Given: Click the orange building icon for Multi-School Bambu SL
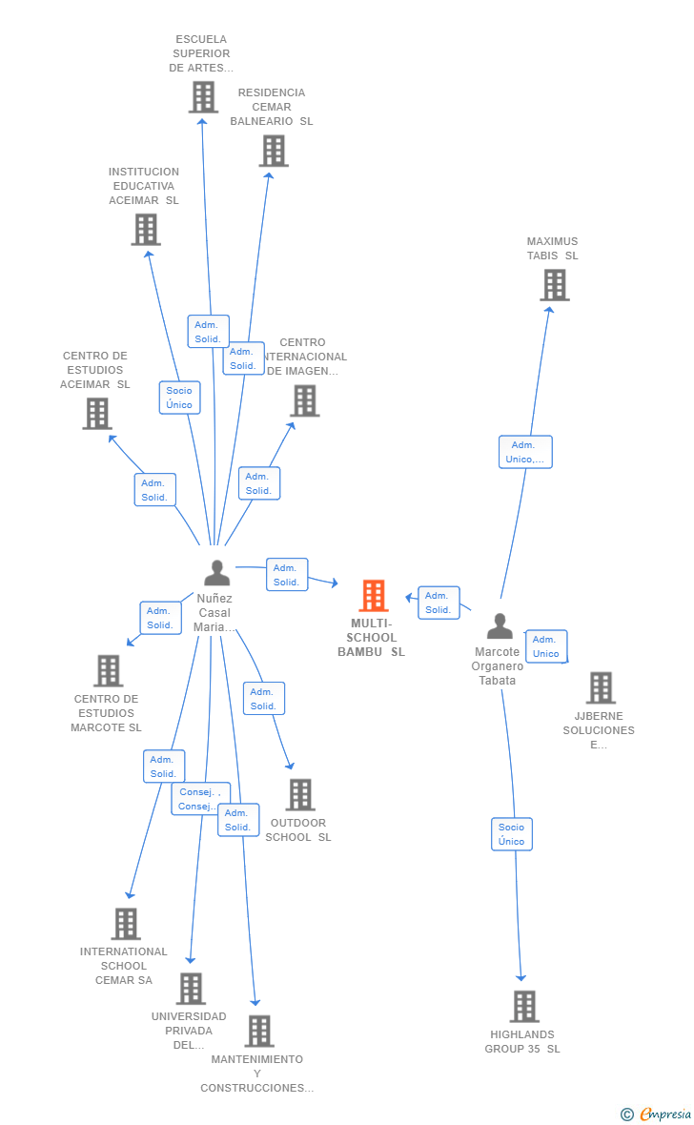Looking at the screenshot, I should (373, 596).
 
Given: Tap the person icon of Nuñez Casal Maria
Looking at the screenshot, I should (217, 573).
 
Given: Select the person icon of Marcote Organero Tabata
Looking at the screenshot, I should (500, 626).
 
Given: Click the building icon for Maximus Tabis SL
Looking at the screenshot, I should (554, 285).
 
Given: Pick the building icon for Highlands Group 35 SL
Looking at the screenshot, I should (523, 1006).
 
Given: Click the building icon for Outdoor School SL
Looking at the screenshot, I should (300, 794).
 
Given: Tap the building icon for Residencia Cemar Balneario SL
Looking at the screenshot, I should (274, 151).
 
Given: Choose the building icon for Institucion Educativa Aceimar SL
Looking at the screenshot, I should (146, 230).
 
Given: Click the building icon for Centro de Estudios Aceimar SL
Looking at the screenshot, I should (97, 414).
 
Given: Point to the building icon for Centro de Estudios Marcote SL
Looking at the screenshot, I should (109, 670).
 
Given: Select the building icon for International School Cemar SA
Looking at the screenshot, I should (126, 924).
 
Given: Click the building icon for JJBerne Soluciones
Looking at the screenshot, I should (601, 687).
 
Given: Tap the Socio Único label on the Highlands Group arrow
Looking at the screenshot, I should (512, 834).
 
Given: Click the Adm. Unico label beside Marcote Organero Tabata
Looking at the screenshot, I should (546, 646).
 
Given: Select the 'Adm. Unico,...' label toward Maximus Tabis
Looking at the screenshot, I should (525, 452).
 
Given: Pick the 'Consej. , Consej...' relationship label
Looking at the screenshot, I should (199, 799).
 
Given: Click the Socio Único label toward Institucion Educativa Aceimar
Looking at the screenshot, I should (179, 398).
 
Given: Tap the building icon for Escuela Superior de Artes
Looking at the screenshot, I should (203, 97).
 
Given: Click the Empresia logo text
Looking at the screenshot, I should (664, 1114).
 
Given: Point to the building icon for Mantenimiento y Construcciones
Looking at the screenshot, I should (259, 1031).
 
